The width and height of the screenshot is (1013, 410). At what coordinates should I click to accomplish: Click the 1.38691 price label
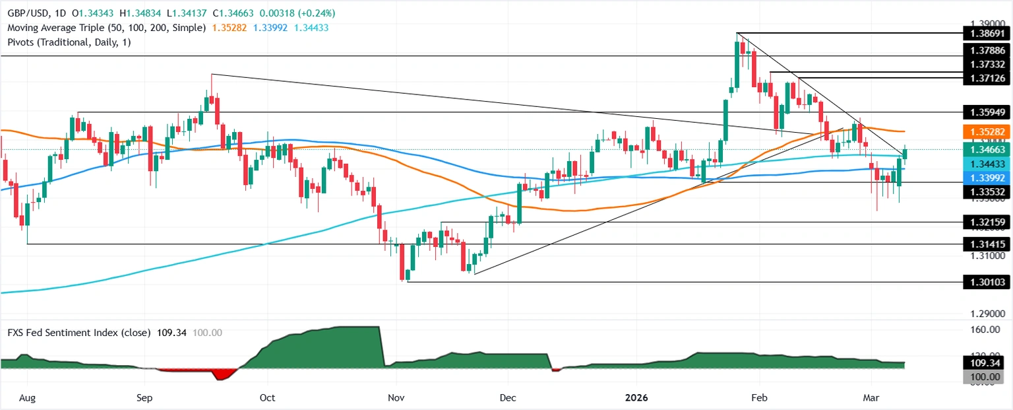point(987,33)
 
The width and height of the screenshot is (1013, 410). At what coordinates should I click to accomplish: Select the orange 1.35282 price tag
point(987,131)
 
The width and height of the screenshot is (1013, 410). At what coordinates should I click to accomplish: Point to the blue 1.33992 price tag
point(987,178)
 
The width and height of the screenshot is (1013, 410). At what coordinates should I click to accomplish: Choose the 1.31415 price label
point(987,244)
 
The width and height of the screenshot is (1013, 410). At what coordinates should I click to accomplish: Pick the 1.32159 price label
point(987,223)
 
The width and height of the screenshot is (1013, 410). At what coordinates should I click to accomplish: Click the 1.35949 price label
point(987,112)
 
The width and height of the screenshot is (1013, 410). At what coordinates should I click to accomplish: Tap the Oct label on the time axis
point(267,398)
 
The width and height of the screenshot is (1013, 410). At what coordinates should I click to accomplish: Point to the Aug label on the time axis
point(27,398)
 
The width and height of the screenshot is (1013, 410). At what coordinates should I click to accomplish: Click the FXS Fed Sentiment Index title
point(78,332)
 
